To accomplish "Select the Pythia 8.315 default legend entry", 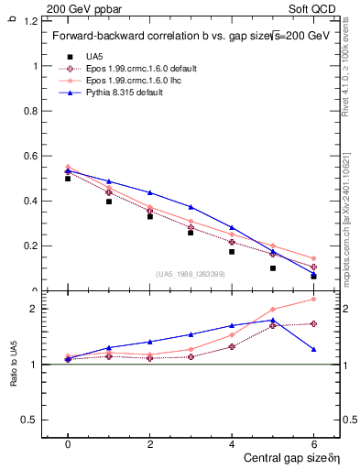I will coord(123,93).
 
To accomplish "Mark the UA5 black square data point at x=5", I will coord(272,268).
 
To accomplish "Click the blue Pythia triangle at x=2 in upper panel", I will coord(149,192).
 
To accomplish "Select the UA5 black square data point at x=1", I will coord(108,201).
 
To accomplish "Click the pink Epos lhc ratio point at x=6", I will coord(313,300).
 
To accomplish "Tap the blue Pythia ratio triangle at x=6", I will coord(313,349).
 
